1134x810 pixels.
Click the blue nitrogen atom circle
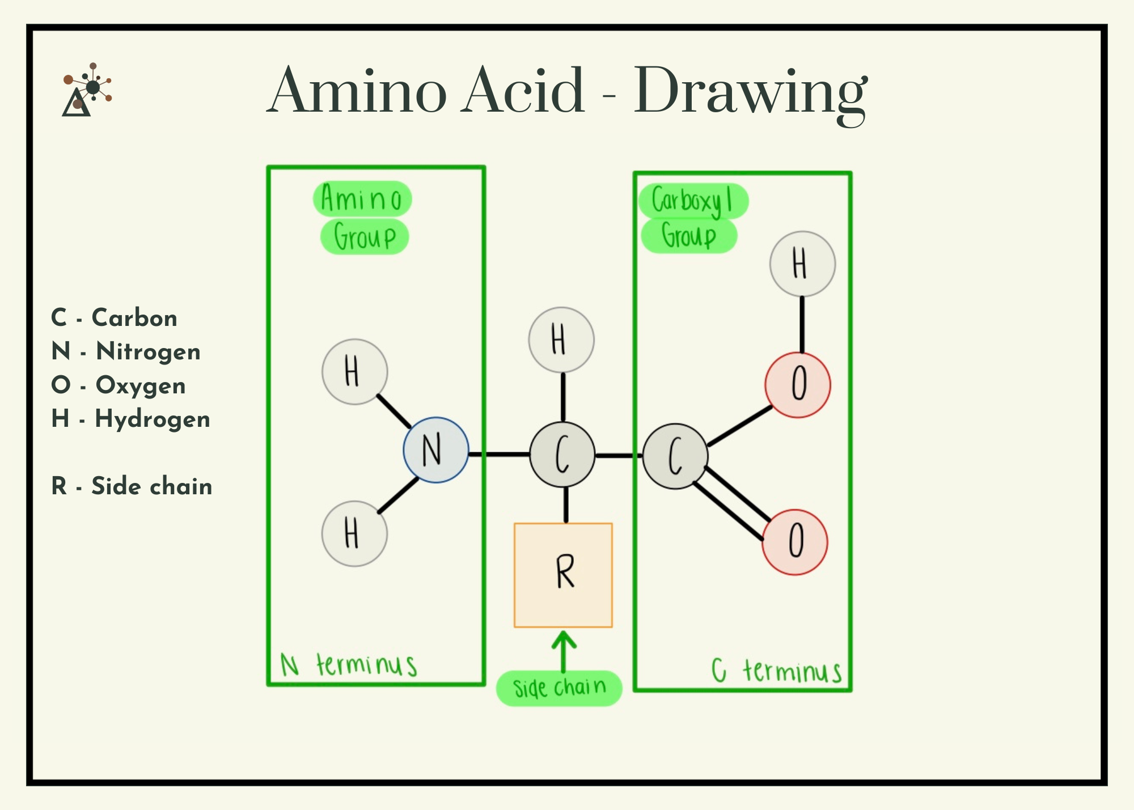(x=436, y=450)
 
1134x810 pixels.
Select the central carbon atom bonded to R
(x=562, y=454)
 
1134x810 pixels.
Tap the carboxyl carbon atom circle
(x=675, y=456)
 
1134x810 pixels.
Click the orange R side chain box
(x=563, y=575)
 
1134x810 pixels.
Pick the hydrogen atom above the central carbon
(x=561, y=340)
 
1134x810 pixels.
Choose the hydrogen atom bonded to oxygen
(x=802, y=264)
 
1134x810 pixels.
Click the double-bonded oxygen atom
(x=795, y=542)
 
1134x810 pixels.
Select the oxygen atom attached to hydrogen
(x=798, y=385)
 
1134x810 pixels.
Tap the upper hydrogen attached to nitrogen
(x=354, y=372)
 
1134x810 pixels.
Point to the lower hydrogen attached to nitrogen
(x=354, y=533)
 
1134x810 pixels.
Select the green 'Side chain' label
(x=559, y=688)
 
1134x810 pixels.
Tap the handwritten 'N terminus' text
(x=349, y=665)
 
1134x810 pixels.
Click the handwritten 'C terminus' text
(x=777, y=671)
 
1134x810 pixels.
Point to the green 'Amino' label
(x=362, y=199)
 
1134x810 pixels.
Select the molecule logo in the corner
(x=87, y=90)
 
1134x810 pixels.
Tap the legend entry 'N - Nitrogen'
(x=126, y=351)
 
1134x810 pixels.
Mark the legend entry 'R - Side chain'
(x=132, y=486)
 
